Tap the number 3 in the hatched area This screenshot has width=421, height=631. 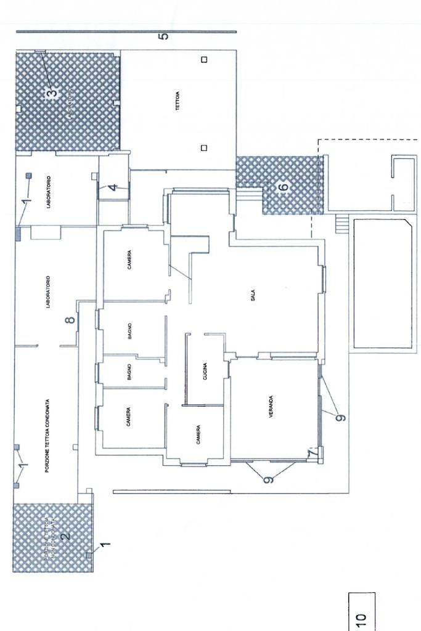click(52, 93)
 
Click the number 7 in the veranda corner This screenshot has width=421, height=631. click(313, 454)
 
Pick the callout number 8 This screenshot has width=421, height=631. click(70, 319)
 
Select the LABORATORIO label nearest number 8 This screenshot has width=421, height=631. click(48, 291)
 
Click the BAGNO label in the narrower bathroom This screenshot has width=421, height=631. click(129, 372)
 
